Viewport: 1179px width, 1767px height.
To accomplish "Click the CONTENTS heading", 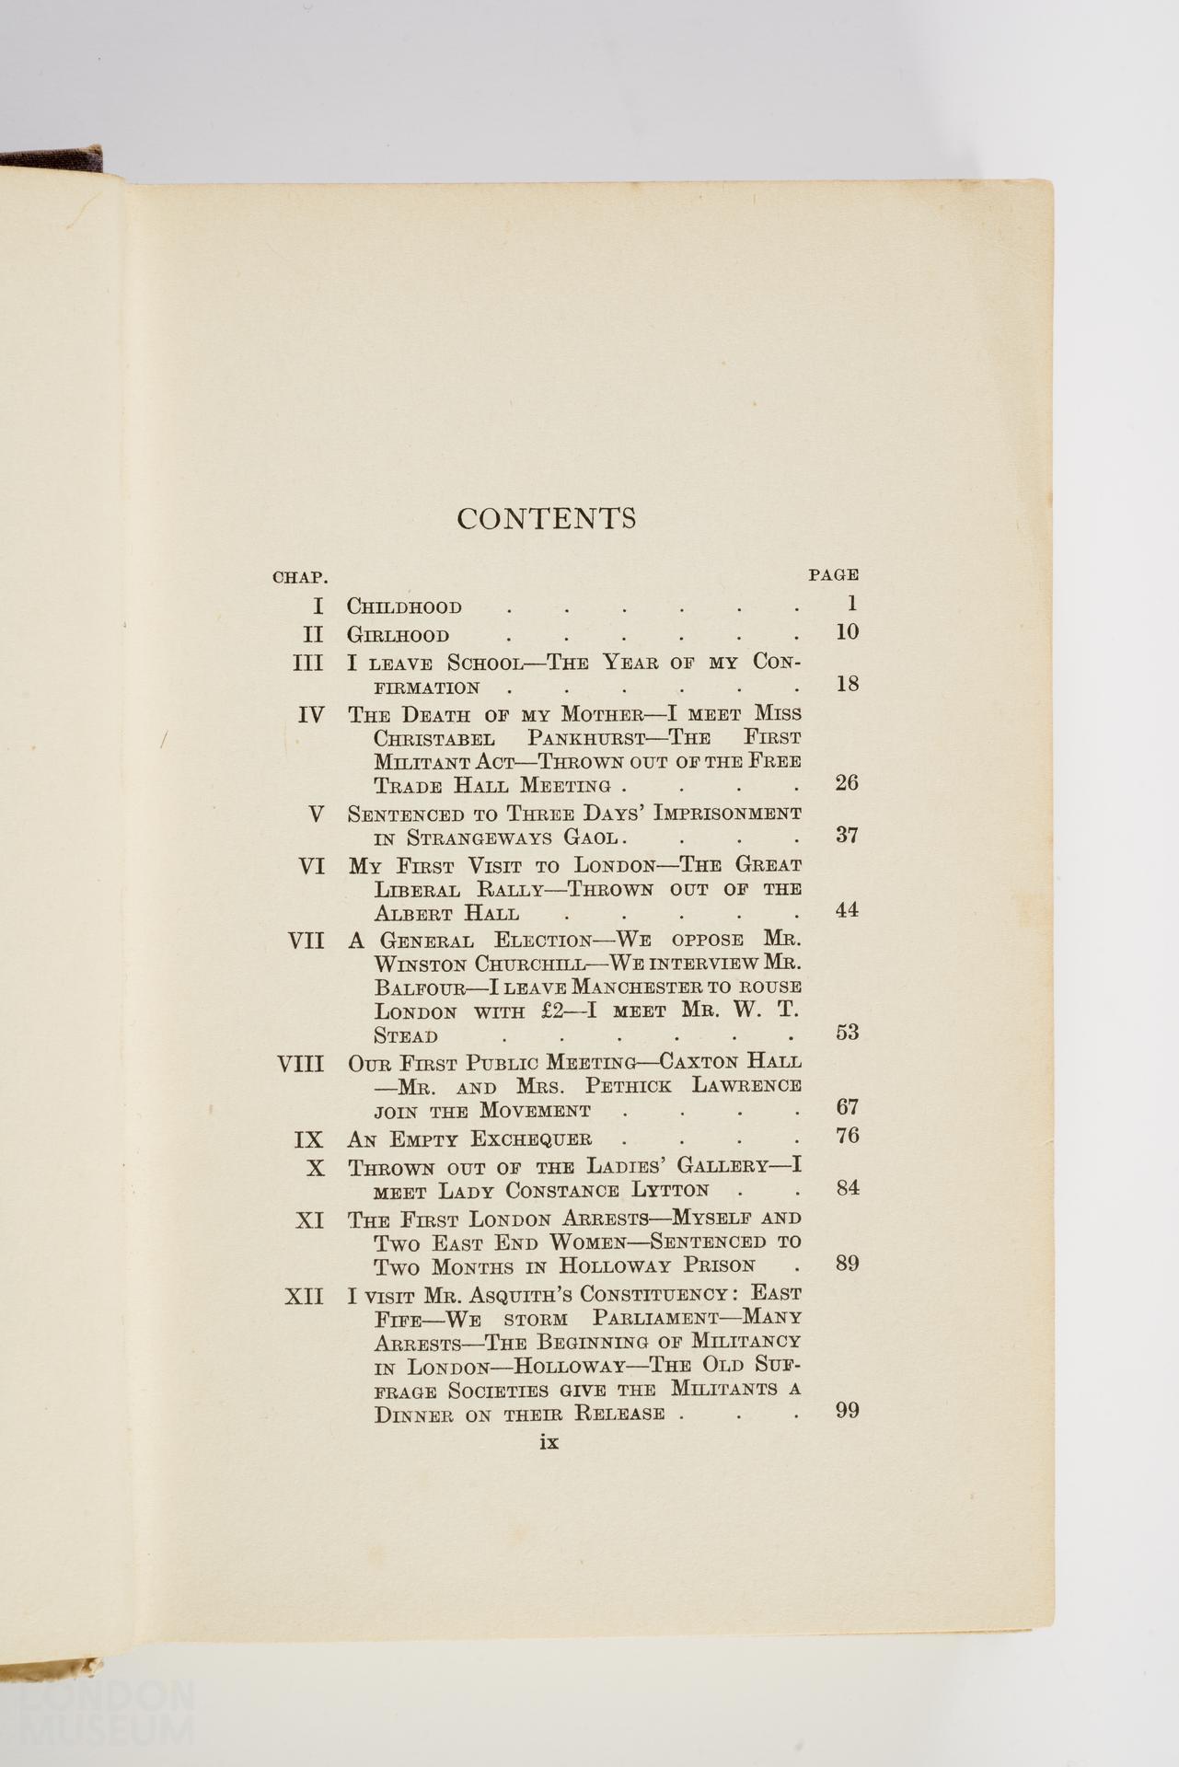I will point(547,519).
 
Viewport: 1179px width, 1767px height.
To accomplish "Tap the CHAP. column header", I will point(300,578).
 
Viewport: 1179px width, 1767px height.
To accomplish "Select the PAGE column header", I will point(833,575).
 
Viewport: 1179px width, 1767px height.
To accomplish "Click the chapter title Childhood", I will point(404,607).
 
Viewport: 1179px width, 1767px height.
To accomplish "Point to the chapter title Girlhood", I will point(398,636).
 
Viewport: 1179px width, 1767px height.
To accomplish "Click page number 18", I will point(847,684).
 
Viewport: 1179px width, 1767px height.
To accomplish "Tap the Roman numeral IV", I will point(311,715).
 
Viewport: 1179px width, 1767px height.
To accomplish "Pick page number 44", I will point(847,910).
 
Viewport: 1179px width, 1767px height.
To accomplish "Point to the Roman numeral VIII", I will point(301,1065).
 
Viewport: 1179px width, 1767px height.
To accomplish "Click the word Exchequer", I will point(531,1139).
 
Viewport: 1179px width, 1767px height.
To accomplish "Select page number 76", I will point(847,1137).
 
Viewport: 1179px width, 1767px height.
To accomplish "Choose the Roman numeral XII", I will point(305,1297).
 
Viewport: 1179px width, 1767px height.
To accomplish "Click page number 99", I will point(847,1410).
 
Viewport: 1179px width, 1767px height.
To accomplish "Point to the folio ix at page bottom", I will point(549,1442).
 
